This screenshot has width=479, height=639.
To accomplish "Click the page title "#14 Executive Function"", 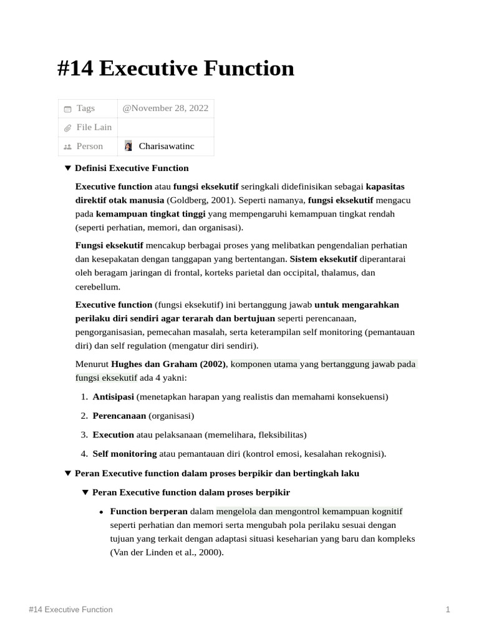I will pos(175,68).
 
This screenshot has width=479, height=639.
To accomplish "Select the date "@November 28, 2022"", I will pos(165,108).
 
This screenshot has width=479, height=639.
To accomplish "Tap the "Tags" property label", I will pos(85,108).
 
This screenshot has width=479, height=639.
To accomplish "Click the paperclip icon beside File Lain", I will pos(67,128).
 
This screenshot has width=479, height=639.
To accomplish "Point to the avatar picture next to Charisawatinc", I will pos(128,146).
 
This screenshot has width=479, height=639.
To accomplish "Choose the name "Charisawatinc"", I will pos(167,146).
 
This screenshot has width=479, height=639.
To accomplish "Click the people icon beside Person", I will pos(67,147).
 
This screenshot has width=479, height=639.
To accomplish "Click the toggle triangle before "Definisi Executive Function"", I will pos(68,168).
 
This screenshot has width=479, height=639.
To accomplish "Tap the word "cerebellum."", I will pos(98,287).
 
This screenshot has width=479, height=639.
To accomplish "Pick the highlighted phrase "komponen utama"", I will pos(264,364).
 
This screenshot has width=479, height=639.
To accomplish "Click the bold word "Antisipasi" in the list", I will pos(113,396).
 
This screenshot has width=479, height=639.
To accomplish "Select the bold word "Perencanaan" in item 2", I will pos(119,415).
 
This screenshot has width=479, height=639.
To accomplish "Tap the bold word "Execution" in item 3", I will pos(113,434).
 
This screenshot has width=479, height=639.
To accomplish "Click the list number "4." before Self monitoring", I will pos(84,454).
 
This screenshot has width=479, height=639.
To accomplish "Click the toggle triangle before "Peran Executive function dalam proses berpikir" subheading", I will pos(85,492).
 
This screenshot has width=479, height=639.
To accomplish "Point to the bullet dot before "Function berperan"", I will pos(102,512).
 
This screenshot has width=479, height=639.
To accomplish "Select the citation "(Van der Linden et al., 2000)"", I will pos(167,552).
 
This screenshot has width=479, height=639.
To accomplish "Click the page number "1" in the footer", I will pos(448,609).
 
